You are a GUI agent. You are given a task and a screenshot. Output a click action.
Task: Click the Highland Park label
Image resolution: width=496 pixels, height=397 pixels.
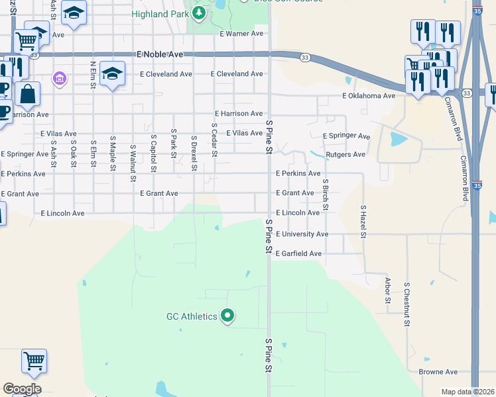[159, 13]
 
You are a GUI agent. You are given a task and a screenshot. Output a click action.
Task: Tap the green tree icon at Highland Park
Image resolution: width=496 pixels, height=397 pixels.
[199, 13]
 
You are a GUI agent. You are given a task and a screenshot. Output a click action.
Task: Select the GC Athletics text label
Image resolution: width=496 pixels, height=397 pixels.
[192, 316]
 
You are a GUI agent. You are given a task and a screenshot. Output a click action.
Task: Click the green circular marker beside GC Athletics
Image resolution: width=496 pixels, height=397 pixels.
[227, 316]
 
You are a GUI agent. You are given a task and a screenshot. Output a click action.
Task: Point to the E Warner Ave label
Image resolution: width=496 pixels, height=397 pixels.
[241, 33]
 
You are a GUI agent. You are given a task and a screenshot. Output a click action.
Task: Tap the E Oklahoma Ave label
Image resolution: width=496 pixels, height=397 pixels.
[369, 96]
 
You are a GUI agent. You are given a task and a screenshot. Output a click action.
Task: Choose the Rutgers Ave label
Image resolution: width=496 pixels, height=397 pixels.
[346, 155]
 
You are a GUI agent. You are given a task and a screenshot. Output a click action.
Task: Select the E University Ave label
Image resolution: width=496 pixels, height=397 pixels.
[302, 234]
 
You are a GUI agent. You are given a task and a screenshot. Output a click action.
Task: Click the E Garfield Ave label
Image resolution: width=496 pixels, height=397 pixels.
[298, 253]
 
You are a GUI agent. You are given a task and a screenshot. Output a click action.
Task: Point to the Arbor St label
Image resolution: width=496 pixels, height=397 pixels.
[388, 290]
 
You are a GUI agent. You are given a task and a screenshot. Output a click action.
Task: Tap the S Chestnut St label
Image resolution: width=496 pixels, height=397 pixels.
[406, 303]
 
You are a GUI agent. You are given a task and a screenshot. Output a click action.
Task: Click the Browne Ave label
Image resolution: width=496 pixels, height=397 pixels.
[438, 372]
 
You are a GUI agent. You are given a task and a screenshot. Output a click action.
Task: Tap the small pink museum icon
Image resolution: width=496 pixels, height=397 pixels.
[60, 79]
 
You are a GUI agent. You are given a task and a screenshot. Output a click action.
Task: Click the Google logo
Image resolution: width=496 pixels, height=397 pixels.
[22, 389]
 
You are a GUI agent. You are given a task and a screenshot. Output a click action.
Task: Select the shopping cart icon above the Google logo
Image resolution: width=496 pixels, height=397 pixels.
[34, 361]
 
